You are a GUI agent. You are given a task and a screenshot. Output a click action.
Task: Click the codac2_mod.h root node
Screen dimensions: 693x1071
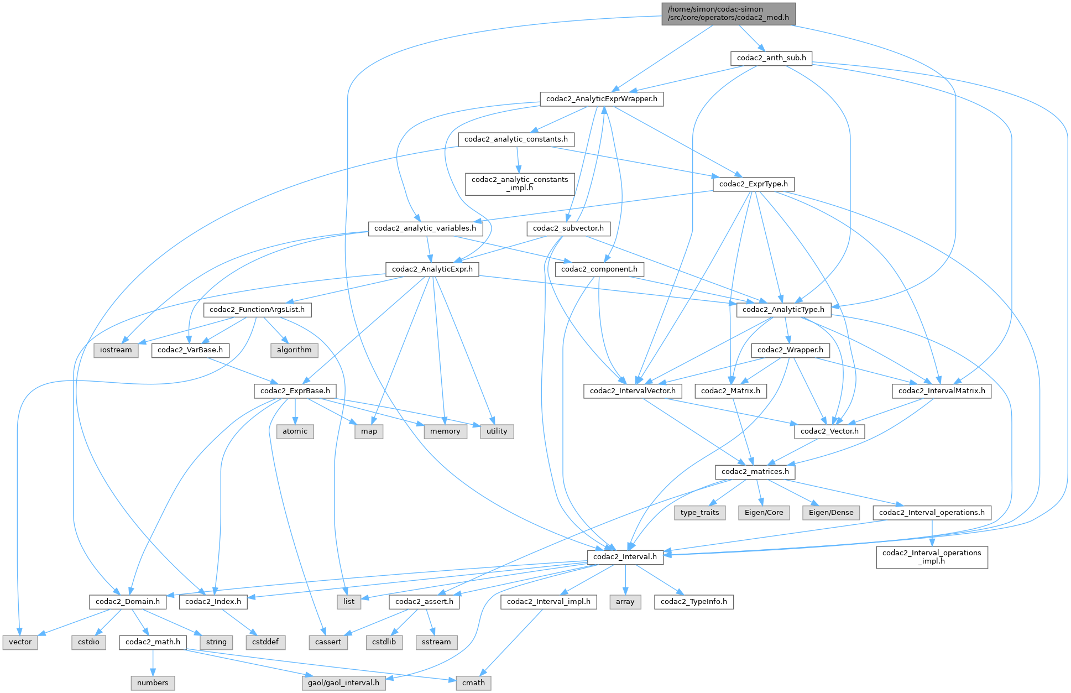pyautogui.click(x=728, y=14)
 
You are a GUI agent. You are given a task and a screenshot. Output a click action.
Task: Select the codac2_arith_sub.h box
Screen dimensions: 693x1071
pyautogui.click(x=771, y=58)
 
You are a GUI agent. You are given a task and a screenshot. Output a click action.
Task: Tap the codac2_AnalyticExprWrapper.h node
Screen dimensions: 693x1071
pyautogui.click(x=602, y=99)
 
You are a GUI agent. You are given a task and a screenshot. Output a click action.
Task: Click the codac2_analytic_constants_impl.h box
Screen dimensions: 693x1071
pyautogui.click(x=520, y=184)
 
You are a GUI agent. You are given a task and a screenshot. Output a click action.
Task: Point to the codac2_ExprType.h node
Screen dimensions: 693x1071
pyautogui.click(x=753, y=184)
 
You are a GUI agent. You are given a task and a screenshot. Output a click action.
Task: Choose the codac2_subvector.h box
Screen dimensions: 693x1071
pyautogui.click(x=568, y=228)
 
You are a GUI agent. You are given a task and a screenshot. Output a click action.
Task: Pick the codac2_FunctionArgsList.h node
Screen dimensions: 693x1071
pyautogui.click(x=257, y=310)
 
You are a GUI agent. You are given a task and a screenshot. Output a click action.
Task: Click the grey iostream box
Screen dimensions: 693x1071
pyautogui.click(x=116, y=350)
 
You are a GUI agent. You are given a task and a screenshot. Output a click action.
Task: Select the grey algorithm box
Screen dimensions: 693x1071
pyautogui.click(x=294, y=350)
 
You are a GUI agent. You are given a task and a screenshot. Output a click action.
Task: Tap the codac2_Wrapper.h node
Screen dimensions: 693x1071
pyautogui.click(x=790, y=350)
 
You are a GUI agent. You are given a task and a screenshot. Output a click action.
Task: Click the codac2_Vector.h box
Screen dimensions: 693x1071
pyautogui.click(x=829, y=431)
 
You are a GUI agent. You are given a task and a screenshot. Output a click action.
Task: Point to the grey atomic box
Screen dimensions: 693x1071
pyautogui.click(x=295, y=431)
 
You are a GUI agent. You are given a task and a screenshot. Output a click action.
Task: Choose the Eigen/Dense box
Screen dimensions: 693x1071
pyautogui.click(x=831, y=513)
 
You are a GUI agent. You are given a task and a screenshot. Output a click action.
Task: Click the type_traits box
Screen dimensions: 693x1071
pyautogui.click(x=699, y=513)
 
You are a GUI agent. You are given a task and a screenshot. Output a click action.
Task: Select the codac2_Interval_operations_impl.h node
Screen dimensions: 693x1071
pyautogui.click(x=932, y=557)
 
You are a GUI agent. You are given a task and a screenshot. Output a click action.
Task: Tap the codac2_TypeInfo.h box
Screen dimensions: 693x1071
pyautogui.click(x=693, y=602)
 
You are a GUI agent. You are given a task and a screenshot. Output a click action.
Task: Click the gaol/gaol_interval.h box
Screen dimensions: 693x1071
pyautogui.click(x=343, y=683)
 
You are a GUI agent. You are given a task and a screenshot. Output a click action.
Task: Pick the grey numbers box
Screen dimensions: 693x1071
pyautogui.click(x=153, y=683)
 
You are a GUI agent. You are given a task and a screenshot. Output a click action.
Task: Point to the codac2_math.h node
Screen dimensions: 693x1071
pyautogui.click(x=153, y=642)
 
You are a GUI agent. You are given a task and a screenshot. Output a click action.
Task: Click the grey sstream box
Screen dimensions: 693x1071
pyautogui.click(x=436, y=642)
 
